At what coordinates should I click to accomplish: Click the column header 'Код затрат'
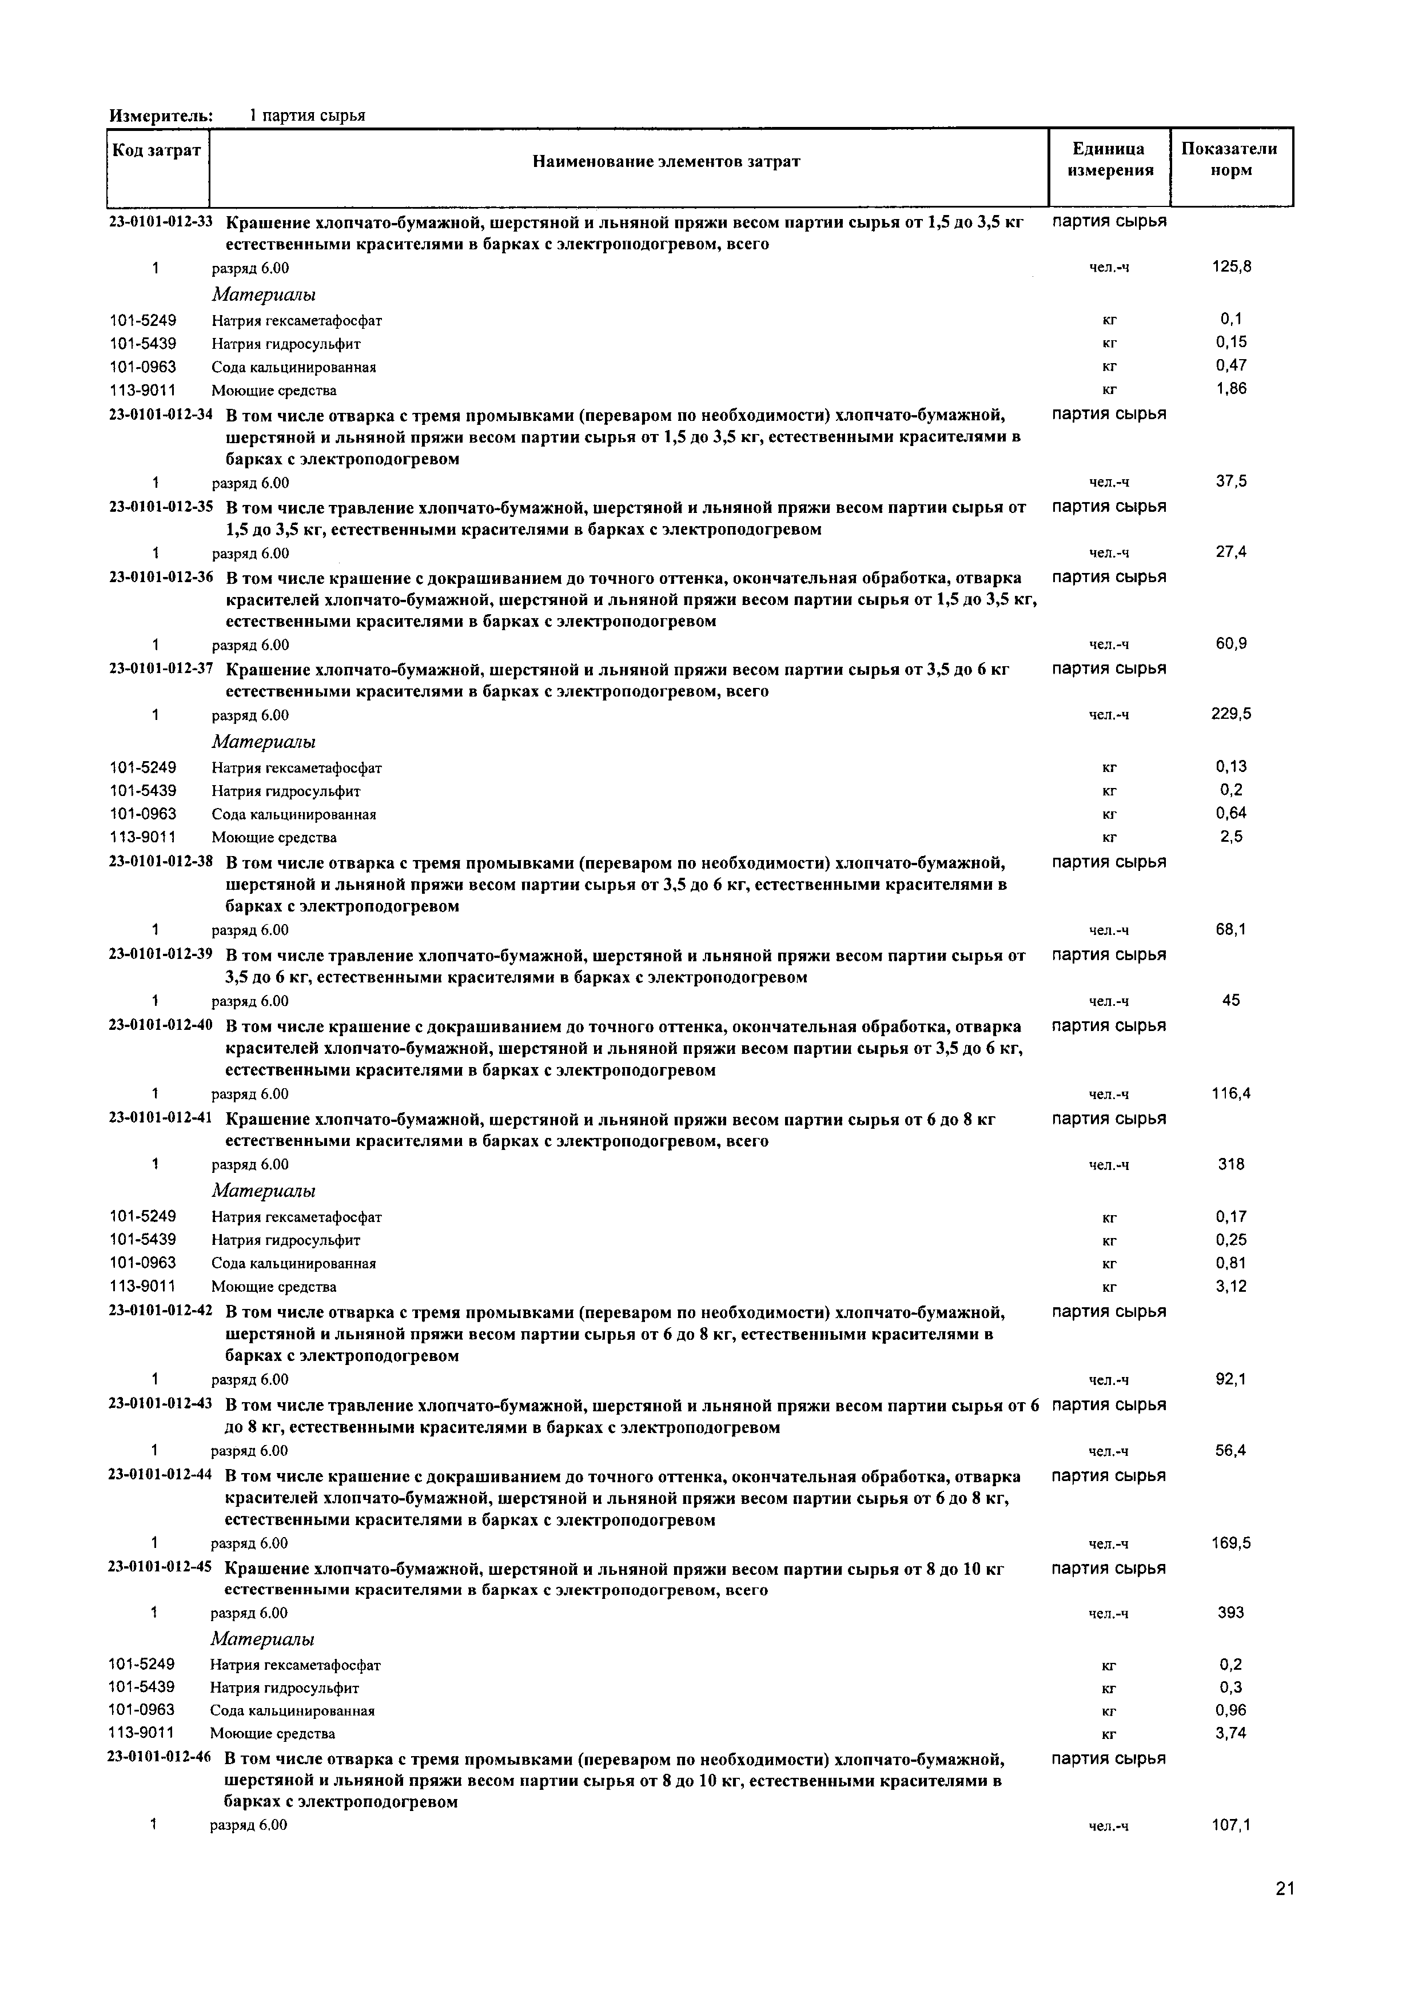point(157,151)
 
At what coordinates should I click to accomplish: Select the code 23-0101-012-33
point(161,222)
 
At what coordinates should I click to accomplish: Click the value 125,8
point(1231,266)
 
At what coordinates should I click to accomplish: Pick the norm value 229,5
point(1231,714)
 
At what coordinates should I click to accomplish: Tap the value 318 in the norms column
point(1231,1164)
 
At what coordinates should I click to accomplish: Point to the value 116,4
point(1231,1093)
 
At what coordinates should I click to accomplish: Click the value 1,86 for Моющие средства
point(1231,389)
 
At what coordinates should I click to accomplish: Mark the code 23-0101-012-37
point(161,669)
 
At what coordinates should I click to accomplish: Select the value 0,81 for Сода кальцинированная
point(1231,1263)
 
